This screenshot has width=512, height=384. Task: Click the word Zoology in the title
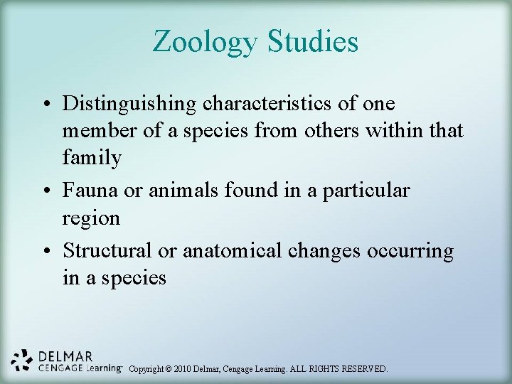point(206,42)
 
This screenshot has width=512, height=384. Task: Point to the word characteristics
point(270,104)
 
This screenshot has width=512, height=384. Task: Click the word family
point(92,158)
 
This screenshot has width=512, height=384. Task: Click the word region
point(92,218)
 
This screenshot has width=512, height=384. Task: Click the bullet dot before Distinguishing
point(46,105)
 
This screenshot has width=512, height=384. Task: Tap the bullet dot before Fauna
point(46,191)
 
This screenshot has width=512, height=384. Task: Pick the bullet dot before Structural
point(46,252)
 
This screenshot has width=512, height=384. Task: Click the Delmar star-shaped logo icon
point(23,361)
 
